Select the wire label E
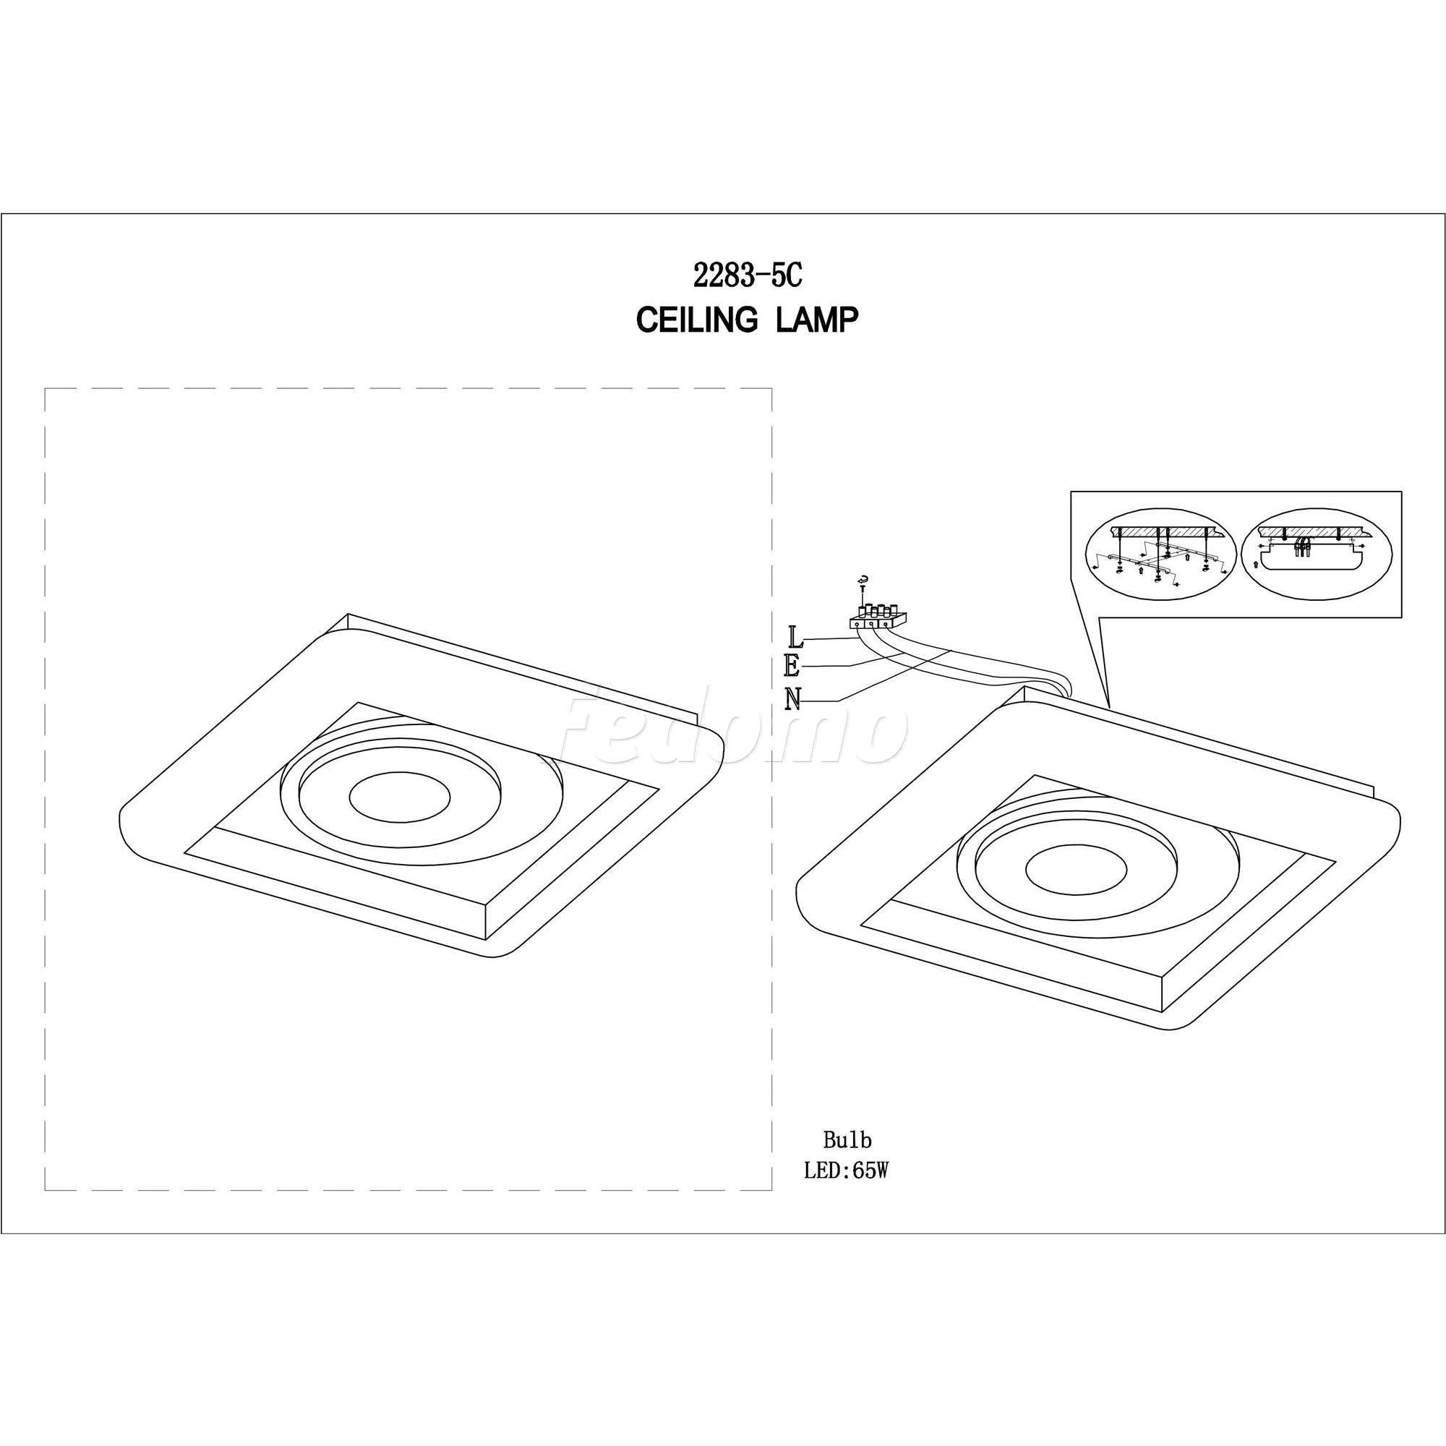point(794,667)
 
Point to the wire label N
point(794,699)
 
